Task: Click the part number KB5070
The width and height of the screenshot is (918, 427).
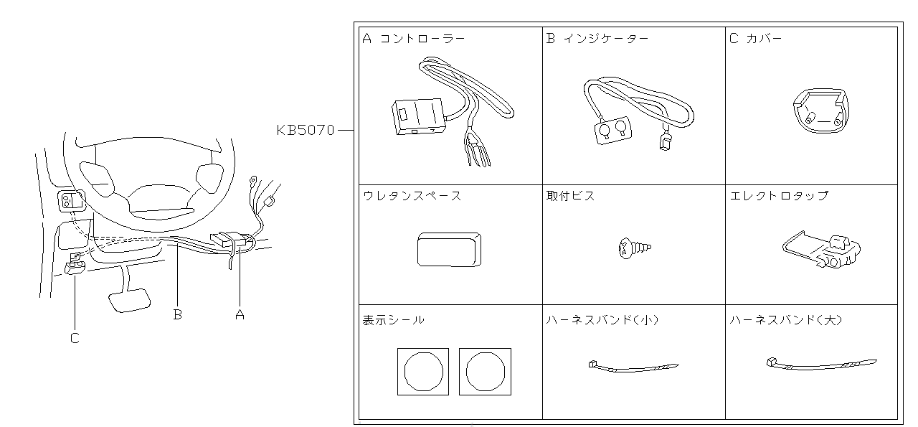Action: pos(306,131)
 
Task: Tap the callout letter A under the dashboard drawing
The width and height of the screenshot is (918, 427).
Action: pos(240,314)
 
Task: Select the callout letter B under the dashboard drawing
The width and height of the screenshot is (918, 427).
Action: pos(177,314)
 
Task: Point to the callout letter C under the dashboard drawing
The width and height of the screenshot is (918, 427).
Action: pos(75,338)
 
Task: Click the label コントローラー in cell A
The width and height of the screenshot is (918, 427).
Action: pos(422,39)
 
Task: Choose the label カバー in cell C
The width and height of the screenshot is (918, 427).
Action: pos(764,39)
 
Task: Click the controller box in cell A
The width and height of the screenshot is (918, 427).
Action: pos(417,116)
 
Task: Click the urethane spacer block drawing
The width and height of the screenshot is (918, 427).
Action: pos(448,249)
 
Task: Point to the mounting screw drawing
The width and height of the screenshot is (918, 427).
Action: pos(634,248)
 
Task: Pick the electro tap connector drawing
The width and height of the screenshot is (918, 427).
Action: pos(822,250)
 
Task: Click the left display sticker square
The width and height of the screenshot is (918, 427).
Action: pos(422,372)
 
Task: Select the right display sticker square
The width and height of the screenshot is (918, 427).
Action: pos(485,372)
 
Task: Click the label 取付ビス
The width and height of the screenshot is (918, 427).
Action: pos(570,196)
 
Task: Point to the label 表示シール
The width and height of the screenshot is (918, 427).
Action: pos(394,320)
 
